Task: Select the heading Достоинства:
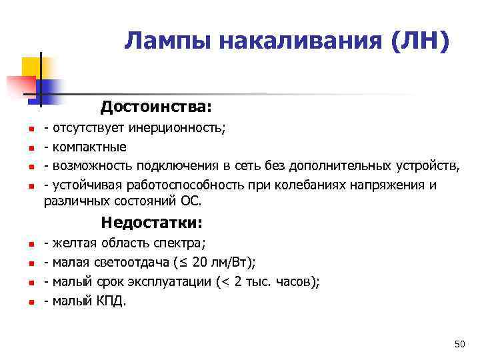point(156,107)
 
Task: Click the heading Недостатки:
point(151,222)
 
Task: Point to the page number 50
point(459,344)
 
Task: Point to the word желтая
point(75,243)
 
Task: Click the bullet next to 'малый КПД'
point(23,303)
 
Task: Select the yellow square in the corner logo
point(32,67)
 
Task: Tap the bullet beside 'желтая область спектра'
point(23,245)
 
